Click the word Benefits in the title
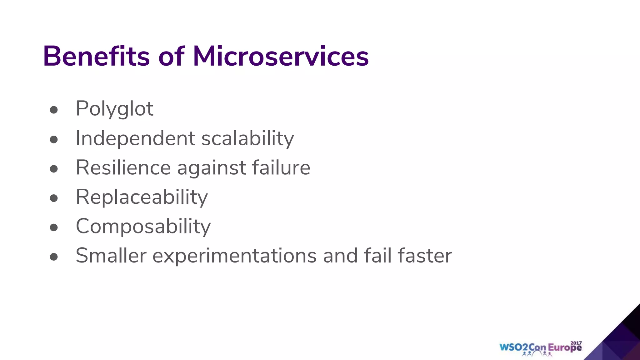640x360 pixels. pos(96,56)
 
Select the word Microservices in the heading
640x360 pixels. pos(281,56)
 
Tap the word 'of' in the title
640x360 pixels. pos(171,56)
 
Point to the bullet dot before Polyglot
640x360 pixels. pos(54,110)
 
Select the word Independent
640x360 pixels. pos(135,138)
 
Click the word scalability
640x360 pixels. pos(247,138)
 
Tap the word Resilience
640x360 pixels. pos(123,168)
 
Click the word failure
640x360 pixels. pos(281,167)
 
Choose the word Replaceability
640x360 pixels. pos(142,197)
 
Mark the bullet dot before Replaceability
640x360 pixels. pos(54,198)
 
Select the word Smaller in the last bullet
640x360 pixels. pos(111,256)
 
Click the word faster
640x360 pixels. pos(424,256)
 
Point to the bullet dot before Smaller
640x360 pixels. pos(54,257)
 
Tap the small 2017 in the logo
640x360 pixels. pos(576,343)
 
